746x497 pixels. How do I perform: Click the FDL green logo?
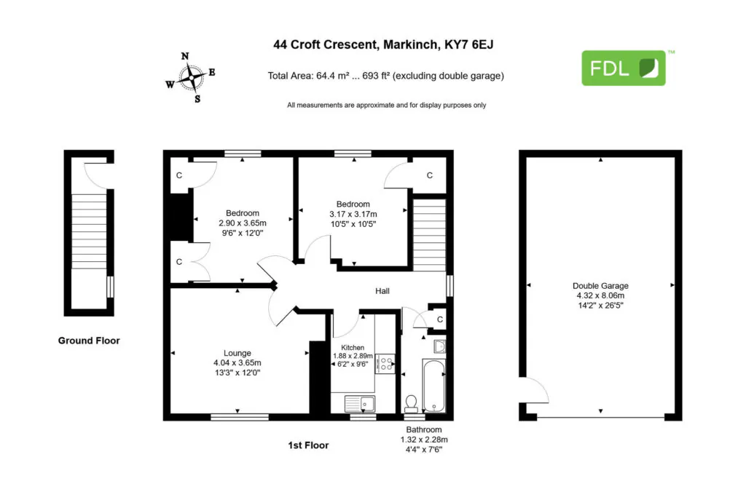coord(624,68)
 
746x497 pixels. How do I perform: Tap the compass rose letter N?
coord(185,56)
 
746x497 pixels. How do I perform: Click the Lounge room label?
coord(237,353)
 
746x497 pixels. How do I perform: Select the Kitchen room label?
coord(353,347)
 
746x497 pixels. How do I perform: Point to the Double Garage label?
coord(600,285)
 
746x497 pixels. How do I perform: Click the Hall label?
coord(382,291)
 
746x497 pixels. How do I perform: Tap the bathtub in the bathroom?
coord(433,386)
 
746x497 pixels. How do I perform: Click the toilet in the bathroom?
coord(411,404)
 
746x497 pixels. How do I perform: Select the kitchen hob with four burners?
coord(385,364)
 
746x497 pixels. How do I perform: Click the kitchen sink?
coord(360,404)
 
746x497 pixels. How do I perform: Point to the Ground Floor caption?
coord(89,341)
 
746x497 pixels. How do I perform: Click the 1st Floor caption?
coord(308,445)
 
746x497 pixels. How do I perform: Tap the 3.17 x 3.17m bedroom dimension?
coord(353,214)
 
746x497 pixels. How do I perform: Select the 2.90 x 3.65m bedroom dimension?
coord(243,223)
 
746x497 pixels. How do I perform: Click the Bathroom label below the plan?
coord(424,429)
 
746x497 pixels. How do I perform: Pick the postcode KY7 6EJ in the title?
coord(468,44)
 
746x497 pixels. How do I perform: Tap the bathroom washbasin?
coord(439,347)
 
